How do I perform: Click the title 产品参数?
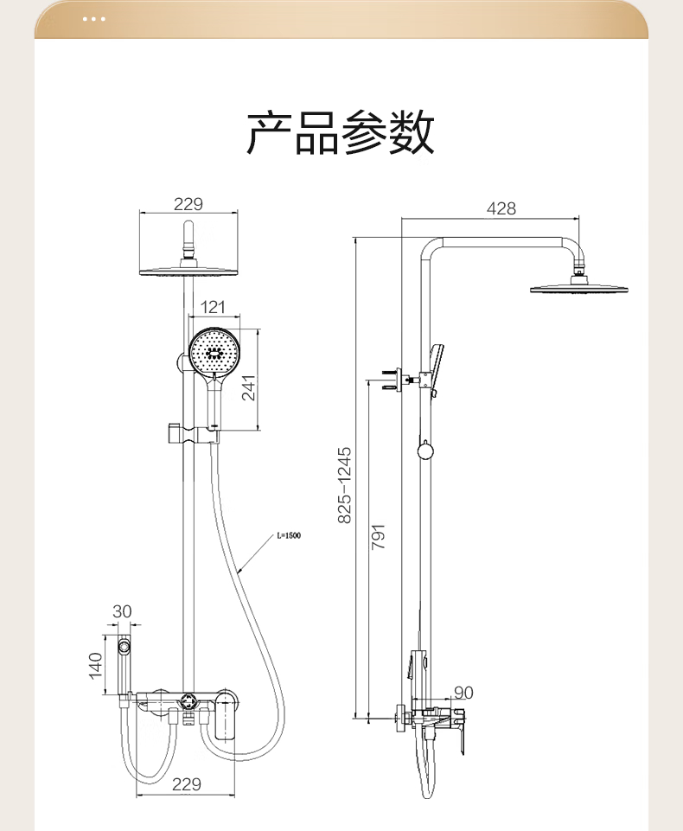click(x=341, y=133)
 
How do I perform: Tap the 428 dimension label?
click(x=501, y=208)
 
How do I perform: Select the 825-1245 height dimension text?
click(x=345, y=484)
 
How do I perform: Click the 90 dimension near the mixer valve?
click(x=463, y=692)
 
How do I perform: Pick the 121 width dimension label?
click(x=213, y=307)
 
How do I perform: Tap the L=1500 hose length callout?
click(x=289, y=536)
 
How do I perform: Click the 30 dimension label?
click(x=123, y=611)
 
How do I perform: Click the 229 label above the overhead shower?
click(x=188, y=204)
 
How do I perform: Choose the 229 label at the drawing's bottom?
click(x=186, y=784)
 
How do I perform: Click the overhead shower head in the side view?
click(x=578, y=287)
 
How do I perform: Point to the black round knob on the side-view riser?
click(x=424, y=450)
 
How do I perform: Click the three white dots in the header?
click(x=93, y=18)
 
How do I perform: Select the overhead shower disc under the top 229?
click(x=188, y=271)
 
